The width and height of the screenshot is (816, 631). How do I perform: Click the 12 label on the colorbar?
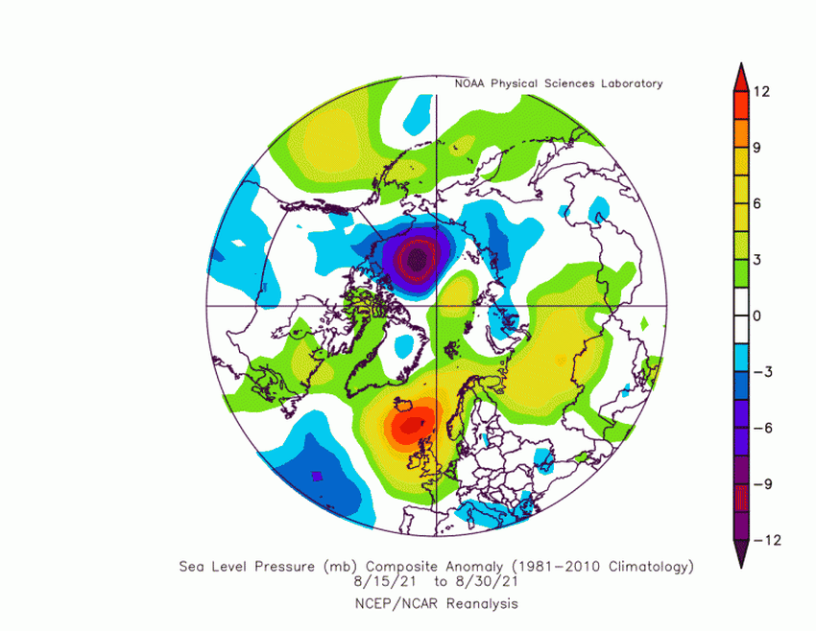[762, 91]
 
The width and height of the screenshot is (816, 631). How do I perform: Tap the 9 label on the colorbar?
[758, 147]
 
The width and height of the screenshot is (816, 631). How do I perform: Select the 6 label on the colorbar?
[758, 203]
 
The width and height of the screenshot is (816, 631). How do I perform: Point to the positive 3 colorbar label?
[758, 259]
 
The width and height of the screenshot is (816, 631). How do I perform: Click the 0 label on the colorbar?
[758, 315]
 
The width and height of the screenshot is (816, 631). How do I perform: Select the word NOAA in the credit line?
[470, 83]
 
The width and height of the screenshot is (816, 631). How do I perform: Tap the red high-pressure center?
[411, 423]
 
